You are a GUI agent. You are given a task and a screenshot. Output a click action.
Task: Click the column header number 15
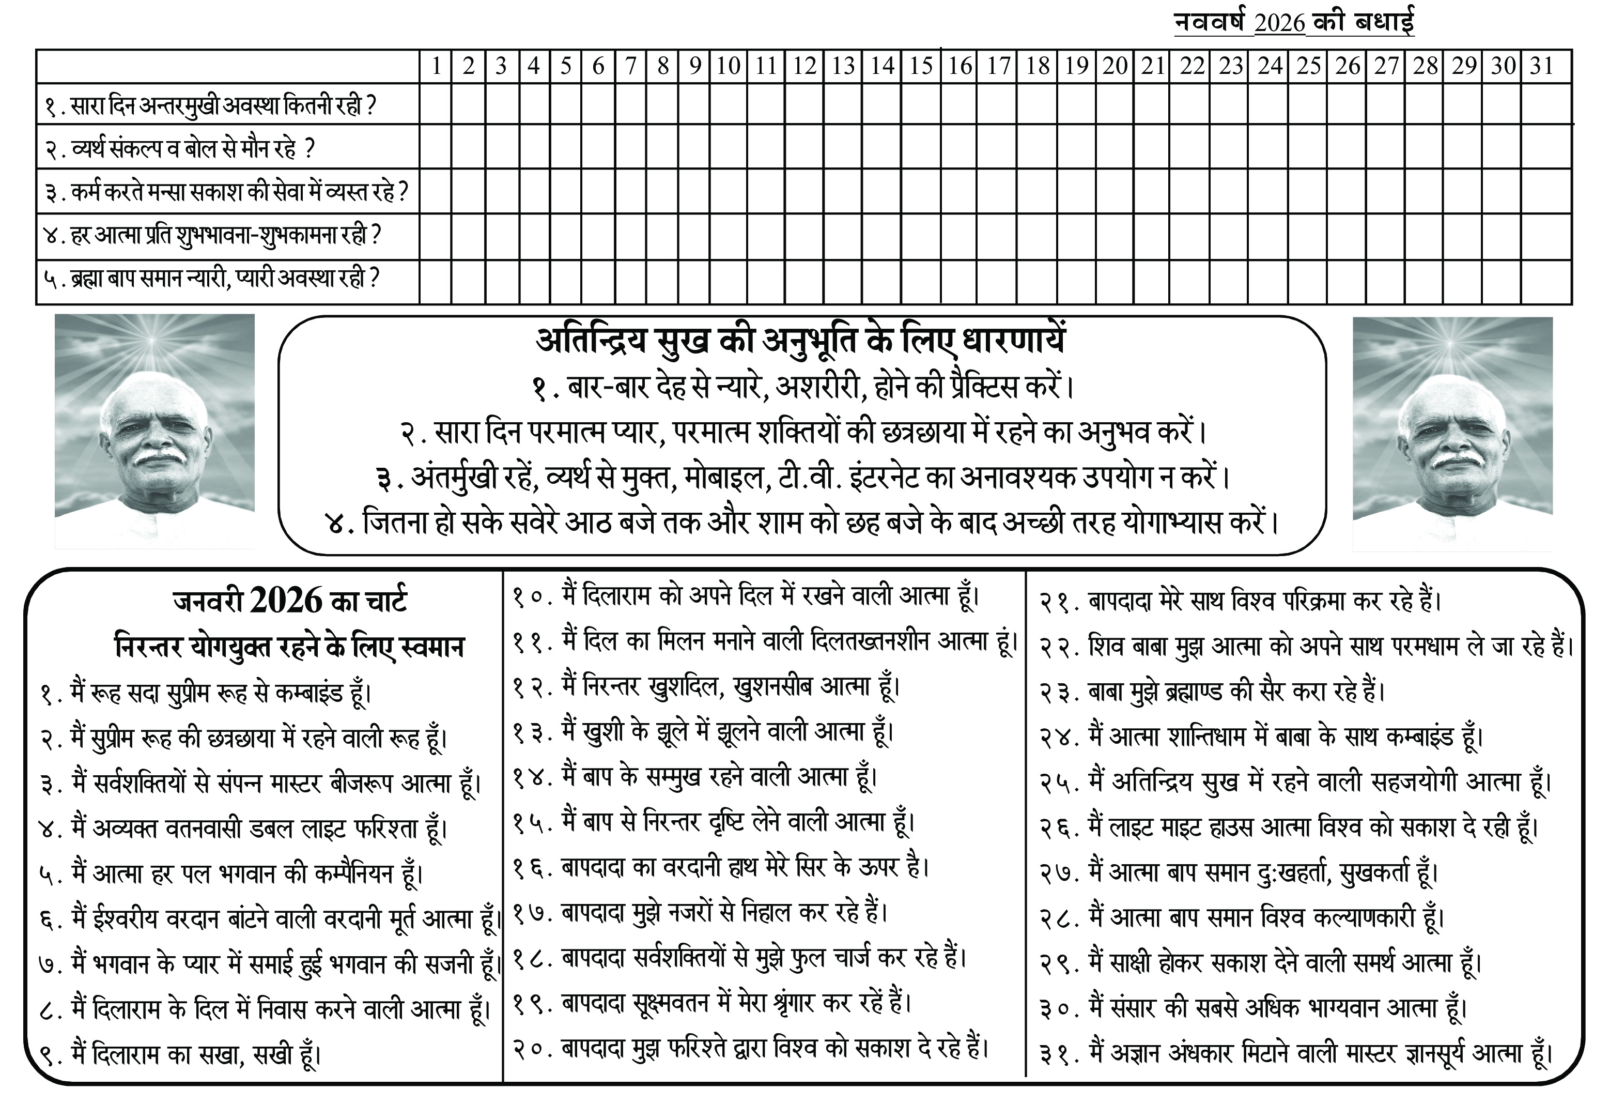[x=921, y=67]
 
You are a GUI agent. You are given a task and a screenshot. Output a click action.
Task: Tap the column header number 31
[x=1541, y=67]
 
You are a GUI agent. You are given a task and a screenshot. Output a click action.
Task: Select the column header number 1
[x=436, y=67]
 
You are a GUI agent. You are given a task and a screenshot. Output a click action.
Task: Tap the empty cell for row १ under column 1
[x=436, y=105]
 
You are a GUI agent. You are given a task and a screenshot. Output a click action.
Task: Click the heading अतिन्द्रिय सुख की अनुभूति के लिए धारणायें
[x=801, y=340]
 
